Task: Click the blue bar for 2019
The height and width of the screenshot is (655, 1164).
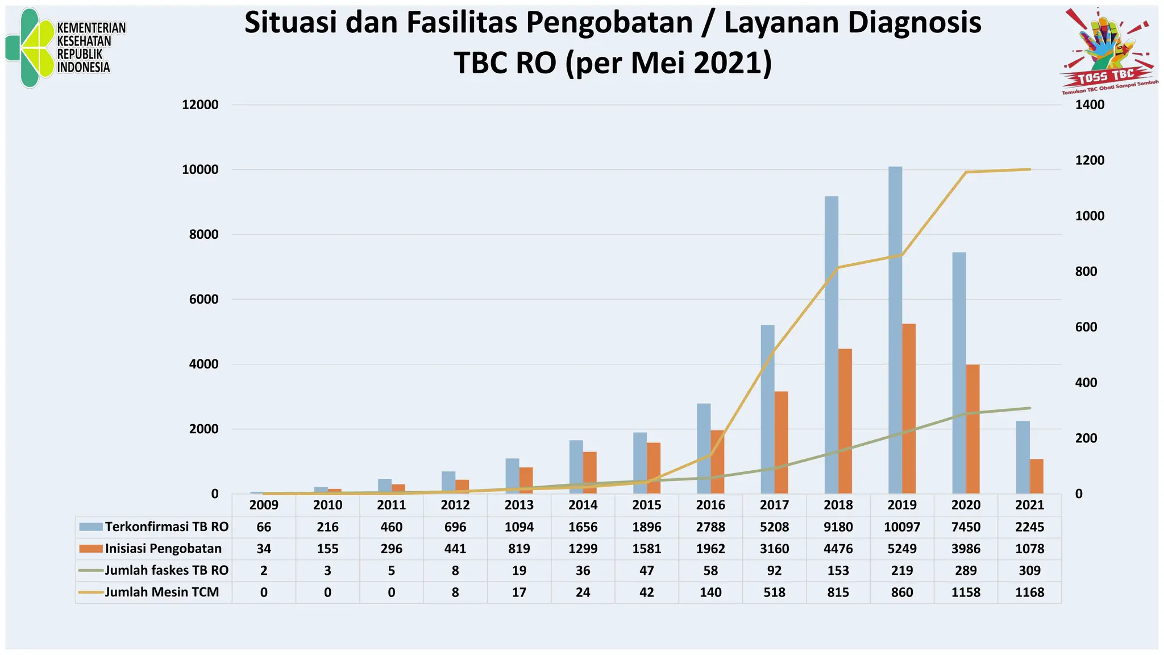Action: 895,330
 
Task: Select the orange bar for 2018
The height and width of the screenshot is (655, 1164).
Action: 845,421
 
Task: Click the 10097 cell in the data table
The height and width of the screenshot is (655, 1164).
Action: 902,527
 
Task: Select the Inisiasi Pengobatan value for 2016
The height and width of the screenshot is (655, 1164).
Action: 710,549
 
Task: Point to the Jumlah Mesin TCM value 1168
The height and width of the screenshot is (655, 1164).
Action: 1030,592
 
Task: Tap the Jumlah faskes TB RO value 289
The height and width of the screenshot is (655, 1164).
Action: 966,570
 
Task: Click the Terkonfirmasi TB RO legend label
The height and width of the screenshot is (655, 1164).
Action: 167,527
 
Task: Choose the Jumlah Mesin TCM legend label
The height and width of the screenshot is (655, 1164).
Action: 162,592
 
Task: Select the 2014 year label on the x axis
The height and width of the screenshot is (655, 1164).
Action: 583,505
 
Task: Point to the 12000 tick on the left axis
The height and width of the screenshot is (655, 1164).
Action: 200,105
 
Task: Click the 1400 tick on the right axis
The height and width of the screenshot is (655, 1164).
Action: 1090,105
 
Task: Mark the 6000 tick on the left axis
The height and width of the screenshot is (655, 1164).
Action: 203,300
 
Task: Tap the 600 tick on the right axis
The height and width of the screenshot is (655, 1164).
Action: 1086,327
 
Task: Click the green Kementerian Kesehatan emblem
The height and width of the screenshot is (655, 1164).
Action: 31,48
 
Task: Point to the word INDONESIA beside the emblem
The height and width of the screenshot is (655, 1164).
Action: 84,68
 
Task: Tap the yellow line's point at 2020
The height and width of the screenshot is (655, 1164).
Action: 966,172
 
